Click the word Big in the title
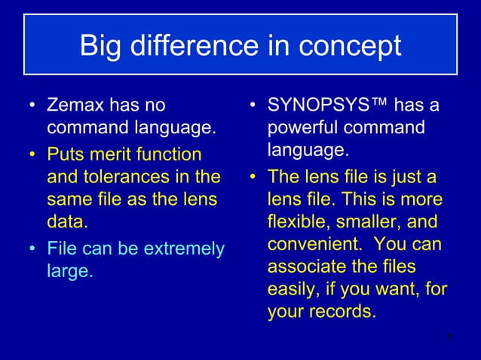point(103,46)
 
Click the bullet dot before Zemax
point(31,105)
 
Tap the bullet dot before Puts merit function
point(31,155)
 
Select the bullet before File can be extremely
point(31,247)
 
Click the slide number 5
point(449,336)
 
